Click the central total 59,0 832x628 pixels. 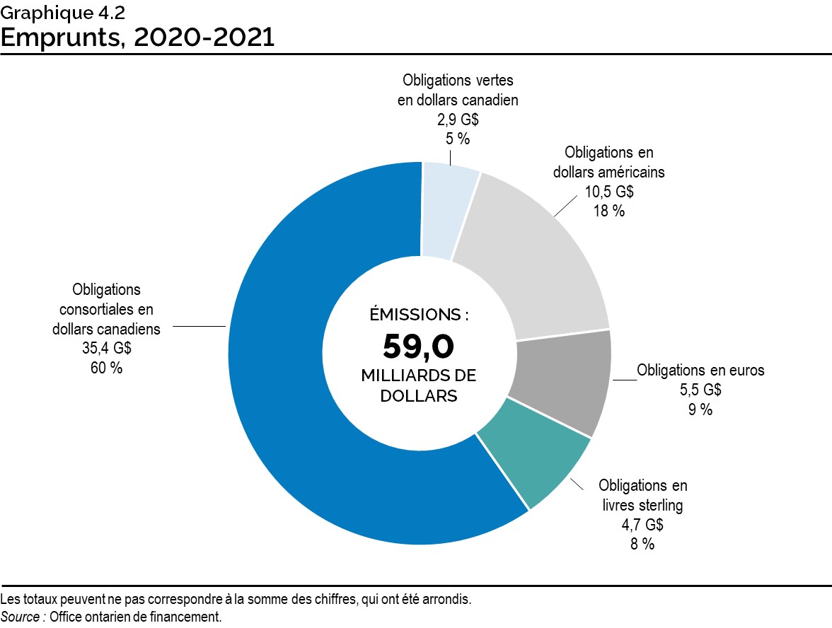pos(418,346)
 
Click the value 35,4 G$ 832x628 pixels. pos(106,348)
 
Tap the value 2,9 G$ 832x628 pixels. pos(458,120)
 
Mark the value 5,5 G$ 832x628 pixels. pos(700,390)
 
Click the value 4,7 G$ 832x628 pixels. pos(642,525)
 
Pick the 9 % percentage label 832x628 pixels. pos(700,409)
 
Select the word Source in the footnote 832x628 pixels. pos(21,617)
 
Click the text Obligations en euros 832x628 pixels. pos(700,370)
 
